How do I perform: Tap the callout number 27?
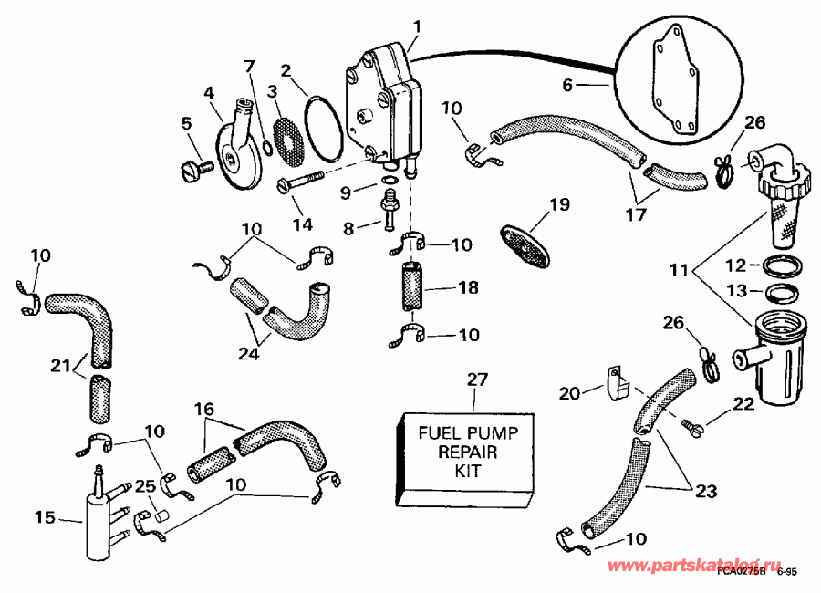474,380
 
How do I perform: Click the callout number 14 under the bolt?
303,224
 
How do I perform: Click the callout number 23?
706,490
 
